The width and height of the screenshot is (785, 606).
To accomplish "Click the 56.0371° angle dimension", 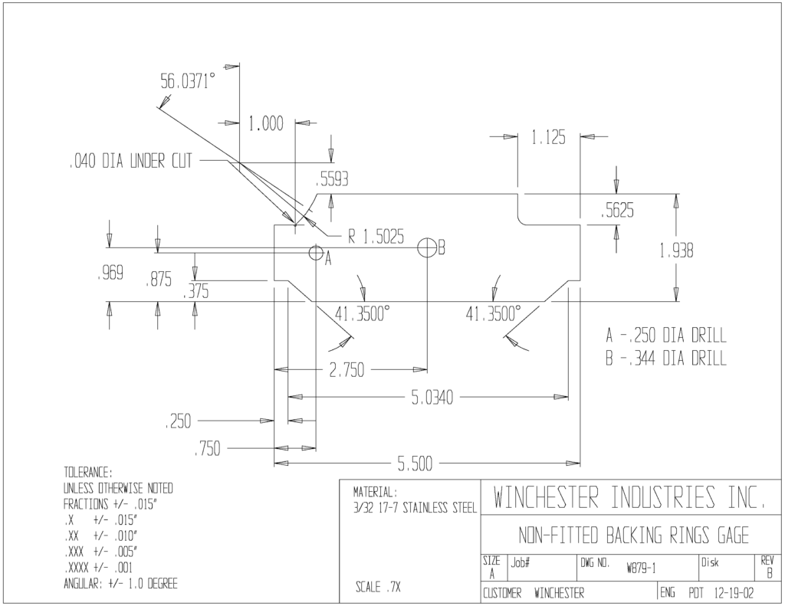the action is pos(188,80).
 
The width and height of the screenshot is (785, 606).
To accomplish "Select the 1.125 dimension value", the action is pos(548,137).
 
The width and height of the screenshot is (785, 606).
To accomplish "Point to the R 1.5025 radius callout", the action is pos(376,237).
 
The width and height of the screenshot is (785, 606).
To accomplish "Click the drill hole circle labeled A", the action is pos(316,252).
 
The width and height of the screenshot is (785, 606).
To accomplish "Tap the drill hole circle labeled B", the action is pos(427,247).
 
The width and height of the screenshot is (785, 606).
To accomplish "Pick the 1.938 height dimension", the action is pos(676,251).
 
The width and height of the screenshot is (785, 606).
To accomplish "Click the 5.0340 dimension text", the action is pos(432,398).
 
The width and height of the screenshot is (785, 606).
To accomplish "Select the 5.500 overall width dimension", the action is pos(415,464).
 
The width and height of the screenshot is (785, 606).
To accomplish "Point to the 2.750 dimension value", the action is pos(347,371).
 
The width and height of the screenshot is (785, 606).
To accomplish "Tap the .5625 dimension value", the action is pos(617,211).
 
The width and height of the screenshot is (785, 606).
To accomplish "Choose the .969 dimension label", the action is pos(110,274).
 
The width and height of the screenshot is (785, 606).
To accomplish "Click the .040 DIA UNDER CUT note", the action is pos(130,161).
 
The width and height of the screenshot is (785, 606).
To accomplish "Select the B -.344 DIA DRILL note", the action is pos(666,359).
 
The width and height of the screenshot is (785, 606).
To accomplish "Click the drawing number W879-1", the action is pos(642,568).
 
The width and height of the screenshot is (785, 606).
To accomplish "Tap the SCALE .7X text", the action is pos(378,587).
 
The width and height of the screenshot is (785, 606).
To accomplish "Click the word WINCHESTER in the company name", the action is pos(546,497).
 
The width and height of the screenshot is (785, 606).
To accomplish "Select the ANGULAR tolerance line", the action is pos(120,584).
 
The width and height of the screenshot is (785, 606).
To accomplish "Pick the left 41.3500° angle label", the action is pos(363,314).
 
